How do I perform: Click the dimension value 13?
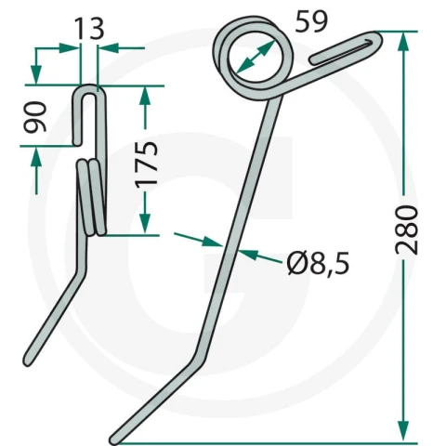[x=89, y=29]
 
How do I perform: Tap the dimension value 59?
[x=311, y=21]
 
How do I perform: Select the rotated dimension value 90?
[x=35, y=116]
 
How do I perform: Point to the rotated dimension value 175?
[x=147, y=164]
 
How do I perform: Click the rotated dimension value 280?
[x=407, y=230]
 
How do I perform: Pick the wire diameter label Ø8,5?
[x=318, y=263]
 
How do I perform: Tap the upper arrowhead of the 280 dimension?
[x=402, y=44]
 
